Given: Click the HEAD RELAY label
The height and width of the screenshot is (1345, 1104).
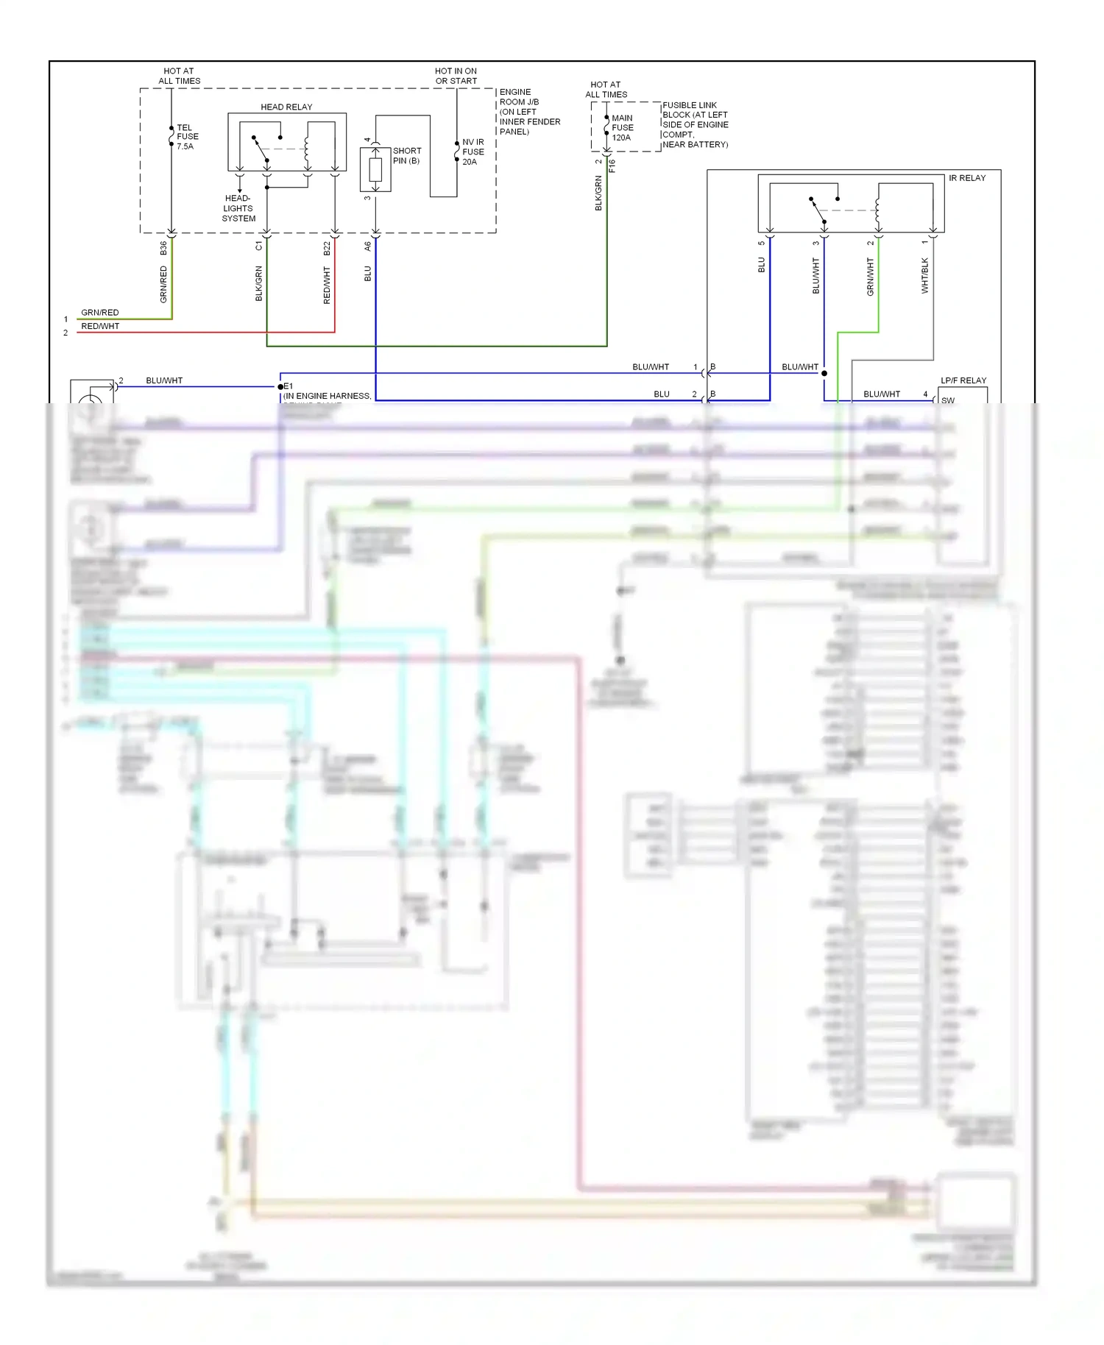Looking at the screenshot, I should (x=286, y=107).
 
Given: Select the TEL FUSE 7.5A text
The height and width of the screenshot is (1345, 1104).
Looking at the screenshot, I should (x=187, y=137).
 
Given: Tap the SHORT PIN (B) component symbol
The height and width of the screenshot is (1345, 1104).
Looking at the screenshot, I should (x=375, y=169).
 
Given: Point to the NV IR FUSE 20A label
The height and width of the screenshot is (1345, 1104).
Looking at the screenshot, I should (x=473, y=152).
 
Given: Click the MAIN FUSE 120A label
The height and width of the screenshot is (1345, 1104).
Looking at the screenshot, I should (x=622, y=127).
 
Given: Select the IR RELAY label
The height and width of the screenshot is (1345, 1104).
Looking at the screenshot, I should (x=966, y=178).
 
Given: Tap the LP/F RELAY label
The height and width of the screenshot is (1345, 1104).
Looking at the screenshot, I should (x=963, y=380).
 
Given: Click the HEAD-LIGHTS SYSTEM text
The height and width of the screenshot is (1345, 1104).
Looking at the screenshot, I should (x=238, y=208).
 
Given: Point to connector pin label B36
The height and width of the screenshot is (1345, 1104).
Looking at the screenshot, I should (x=163, y=249).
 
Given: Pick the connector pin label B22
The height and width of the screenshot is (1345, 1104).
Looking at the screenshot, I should (x=327, y=249).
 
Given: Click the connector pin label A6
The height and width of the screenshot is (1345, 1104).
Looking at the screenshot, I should (x=367, y=247).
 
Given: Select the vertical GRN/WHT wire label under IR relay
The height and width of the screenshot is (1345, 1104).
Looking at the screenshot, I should (x=870, y=277).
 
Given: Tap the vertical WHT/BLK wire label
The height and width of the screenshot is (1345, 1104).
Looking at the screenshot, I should (x=924, y=276).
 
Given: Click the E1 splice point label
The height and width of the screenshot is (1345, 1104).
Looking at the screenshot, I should (x=289, y=386).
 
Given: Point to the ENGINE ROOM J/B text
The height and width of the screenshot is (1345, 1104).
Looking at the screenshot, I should (x=528, y=112).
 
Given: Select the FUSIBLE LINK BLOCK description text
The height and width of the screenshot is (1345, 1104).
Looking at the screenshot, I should (x=695, y=125).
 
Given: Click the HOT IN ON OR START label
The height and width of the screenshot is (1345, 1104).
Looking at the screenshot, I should (x=456, y=76).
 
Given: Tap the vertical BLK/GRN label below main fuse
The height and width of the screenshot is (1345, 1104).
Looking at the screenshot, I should (x=598, y=194).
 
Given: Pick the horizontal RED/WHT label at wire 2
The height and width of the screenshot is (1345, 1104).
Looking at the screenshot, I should (x=100, y=326).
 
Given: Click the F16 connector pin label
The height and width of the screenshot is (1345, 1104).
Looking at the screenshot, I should (x=612, y=166).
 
